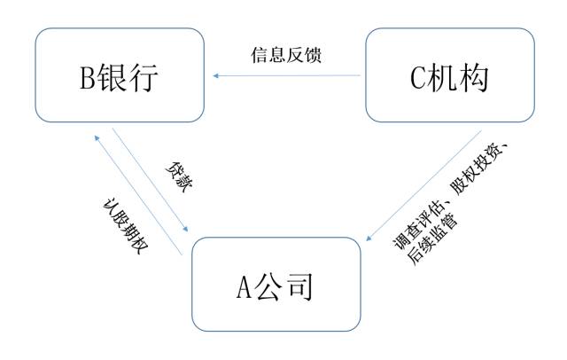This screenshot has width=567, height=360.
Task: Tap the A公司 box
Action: click(x=276, y=284)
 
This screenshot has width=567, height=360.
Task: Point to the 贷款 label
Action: click(x=177, y=177)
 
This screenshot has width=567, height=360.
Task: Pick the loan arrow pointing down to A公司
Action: click(x=150, y=183)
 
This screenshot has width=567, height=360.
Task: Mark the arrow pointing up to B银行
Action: click(x=137, y=194)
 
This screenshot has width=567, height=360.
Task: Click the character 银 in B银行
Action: click(x=118, y=77)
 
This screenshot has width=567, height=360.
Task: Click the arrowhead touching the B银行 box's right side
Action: click(x=214, y=75)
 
